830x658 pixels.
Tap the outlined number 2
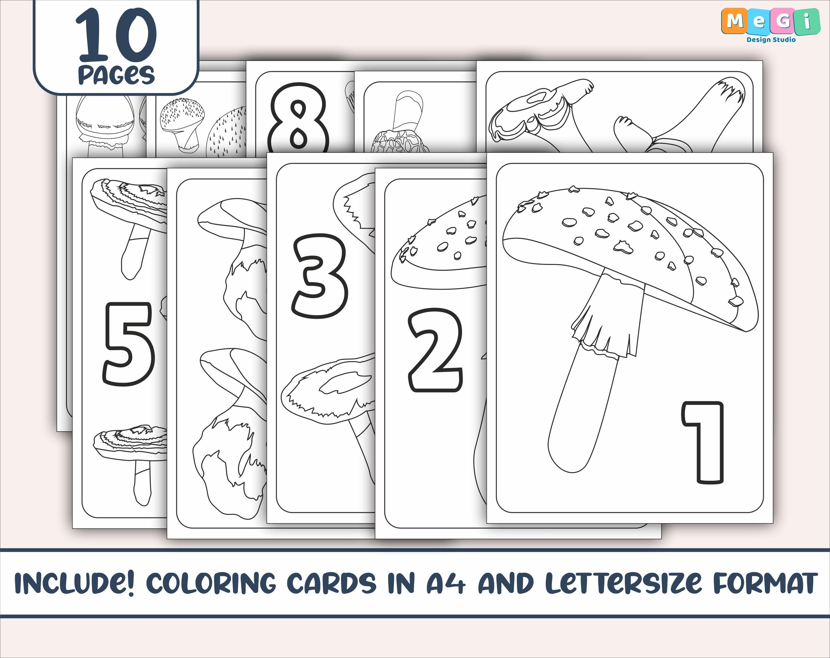(x=435, y=350)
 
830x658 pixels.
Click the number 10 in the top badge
(x=116, y=35)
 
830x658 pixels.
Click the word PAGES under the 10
(x=116, y=75)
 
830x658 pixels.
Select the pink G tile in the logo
(x=783, y=22)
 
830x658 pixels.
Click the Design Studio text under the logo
(x=771, y=39)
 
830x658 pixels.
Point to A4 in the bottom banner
(x=445, y=583)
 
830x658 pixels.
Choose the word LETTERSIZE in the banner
(x=624, y=583)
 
